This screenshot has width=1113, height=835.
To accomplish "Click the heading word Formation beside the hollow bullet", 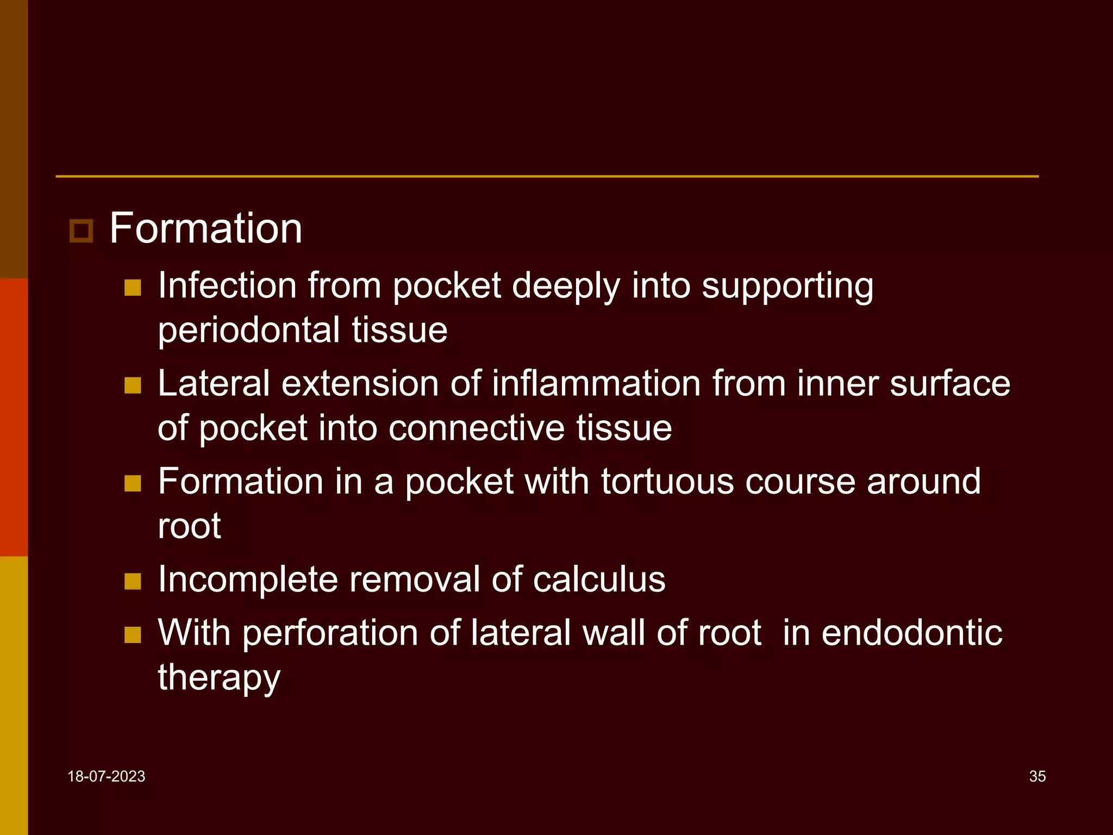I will tap(205, 228).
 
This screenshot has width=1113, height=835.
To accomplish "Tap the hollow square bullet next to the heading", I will tap(82, 231).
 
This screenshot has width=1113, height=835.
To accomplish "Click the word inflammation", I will tap(596, 383).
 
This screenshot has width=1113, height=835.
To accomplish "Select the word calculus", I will tap(599, 579).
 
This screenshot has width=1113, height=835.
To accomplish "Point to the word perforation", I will tap(330, 633).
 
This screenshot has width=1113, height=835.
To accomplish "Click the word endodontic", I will tap(911, 633).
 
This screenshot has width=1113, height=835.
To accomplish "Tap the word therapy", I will tap(219, 678).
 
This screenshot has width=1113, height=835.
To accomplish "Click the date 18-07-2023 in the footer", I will tap(107, 776).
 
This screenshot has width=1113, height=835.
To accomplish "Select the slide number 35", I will tap(1037, 776).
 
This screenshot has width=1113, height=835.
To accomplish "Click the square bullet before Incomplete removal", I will tap(133, 581).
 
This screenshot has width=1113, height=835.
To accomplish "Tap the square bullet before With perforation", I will tap(133, 635).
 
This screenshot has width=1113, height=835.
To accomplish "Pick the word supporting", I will tap(787, 286).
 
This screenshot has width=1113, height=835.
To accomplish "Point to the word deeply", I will tap(566, 286).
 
